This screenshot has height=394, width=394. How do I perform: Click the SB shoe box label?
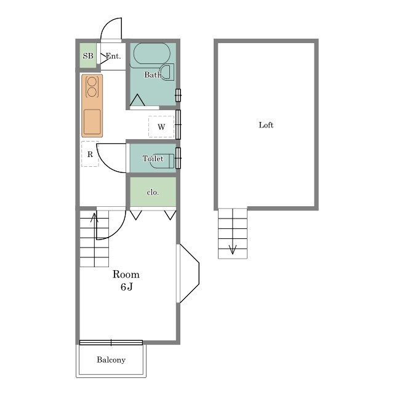coord(88,56)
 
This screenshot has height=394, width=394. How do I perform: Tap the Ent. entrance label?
coord(113,56)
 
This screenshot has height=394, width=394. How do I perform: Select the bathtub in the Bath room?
coord(152,54)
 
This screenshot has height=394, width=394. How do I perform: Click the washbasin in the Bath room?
coord(167,72)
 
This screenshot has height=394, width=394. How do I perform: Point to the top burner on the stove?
coord(92,81)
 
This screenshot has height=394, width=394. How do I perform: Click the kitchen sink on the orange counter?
coord(92,122)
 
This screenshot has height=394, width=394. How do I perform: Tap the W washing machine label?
coord(161,127)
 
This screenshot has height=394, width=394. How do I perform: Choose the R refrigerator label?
coord(90,155)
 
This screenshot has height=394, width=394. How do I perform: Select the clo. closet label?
coord(153,193)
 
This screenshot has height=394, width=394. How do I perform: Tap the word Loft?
coord(266,125)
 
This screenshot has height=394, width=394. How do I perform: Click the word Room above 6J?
coord(126,274)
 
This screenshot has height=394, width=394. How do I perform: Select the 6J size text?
coord(126,287)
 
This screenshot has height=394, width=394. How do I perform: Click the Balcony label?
coord(111,360)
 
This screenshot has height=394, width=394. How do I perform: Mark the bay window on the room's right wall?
coord(188,273)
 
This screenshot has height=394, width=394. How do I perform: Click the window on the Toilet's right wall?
coord(178,158)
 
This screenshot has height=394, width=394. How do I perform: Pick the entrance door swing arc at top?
coord(111,29)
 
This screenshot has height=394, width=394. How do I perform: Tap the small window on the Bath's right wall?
coord(178,95)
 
